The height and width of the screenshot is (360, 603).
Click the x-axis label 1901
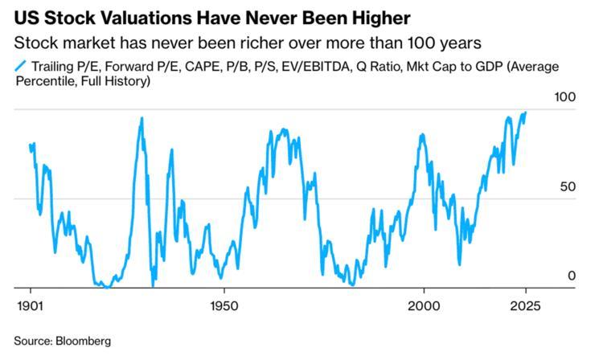(31, 307)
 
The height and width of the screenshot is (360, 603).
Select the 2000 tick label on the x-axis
(423, 307)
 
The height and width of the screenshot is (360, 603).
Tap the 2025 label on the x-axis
(524, 307)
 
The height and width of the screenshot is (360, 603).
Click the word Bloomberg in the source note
(82, 341)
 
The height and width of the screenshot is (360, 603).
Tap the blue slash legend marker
(18, 66)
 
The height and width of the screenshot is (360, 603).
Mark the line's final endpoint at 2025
(526, 112)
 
